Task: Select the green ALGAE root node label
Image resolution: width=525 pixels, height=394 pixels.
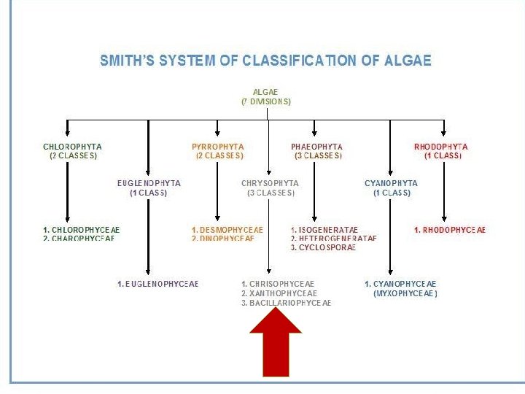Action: tap(265, 93)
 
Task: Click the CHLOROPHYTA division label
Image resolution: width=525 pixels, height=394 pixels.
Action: tap(72, 147)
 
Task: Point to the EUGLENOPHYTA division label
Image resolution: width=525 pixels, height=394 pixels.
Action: tap(149, 183)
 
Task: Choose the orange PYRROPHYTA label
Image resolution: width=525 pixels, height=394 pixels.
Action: tap(218, 147)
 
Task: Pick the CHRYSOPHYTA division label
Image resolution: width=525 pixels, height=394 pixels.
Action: tap(270, 183)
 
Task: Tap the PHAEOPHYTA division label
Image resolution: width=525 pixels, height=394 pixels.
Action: tap(316, 147)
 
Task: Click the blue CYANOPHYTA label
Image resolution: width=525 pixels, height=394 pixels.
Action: tap(392, 183)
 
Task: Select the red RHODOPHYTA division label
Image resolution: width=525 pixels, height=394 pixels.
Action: tap(441, 147)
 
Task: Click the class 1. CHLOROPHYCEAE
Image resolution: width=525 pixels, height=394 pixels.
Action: tap(81, 230)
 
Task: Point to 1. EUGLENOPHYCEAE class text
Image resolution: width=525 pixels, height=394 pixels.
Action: tap(157, 283)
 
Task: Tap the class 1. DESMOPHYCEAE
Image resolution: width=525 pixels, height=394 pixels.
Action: tap(227, 230)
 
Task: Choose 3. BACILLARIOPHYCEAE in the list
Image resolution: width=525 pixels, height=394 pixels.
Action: tap(287, 302)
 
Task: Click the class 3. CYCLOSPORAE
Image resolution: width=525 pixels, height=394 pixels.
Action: tap(323, 247)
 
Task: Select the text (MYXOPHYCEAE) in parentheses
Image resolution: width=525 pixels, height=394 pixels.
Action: tap(405, 293)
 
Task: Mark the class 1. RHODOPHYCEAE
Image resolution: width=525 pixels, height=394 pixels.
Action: tap(450, 230)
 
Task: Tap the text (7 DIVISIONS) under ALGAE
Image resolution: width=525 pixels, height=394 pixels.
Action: tap(266, 102)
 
